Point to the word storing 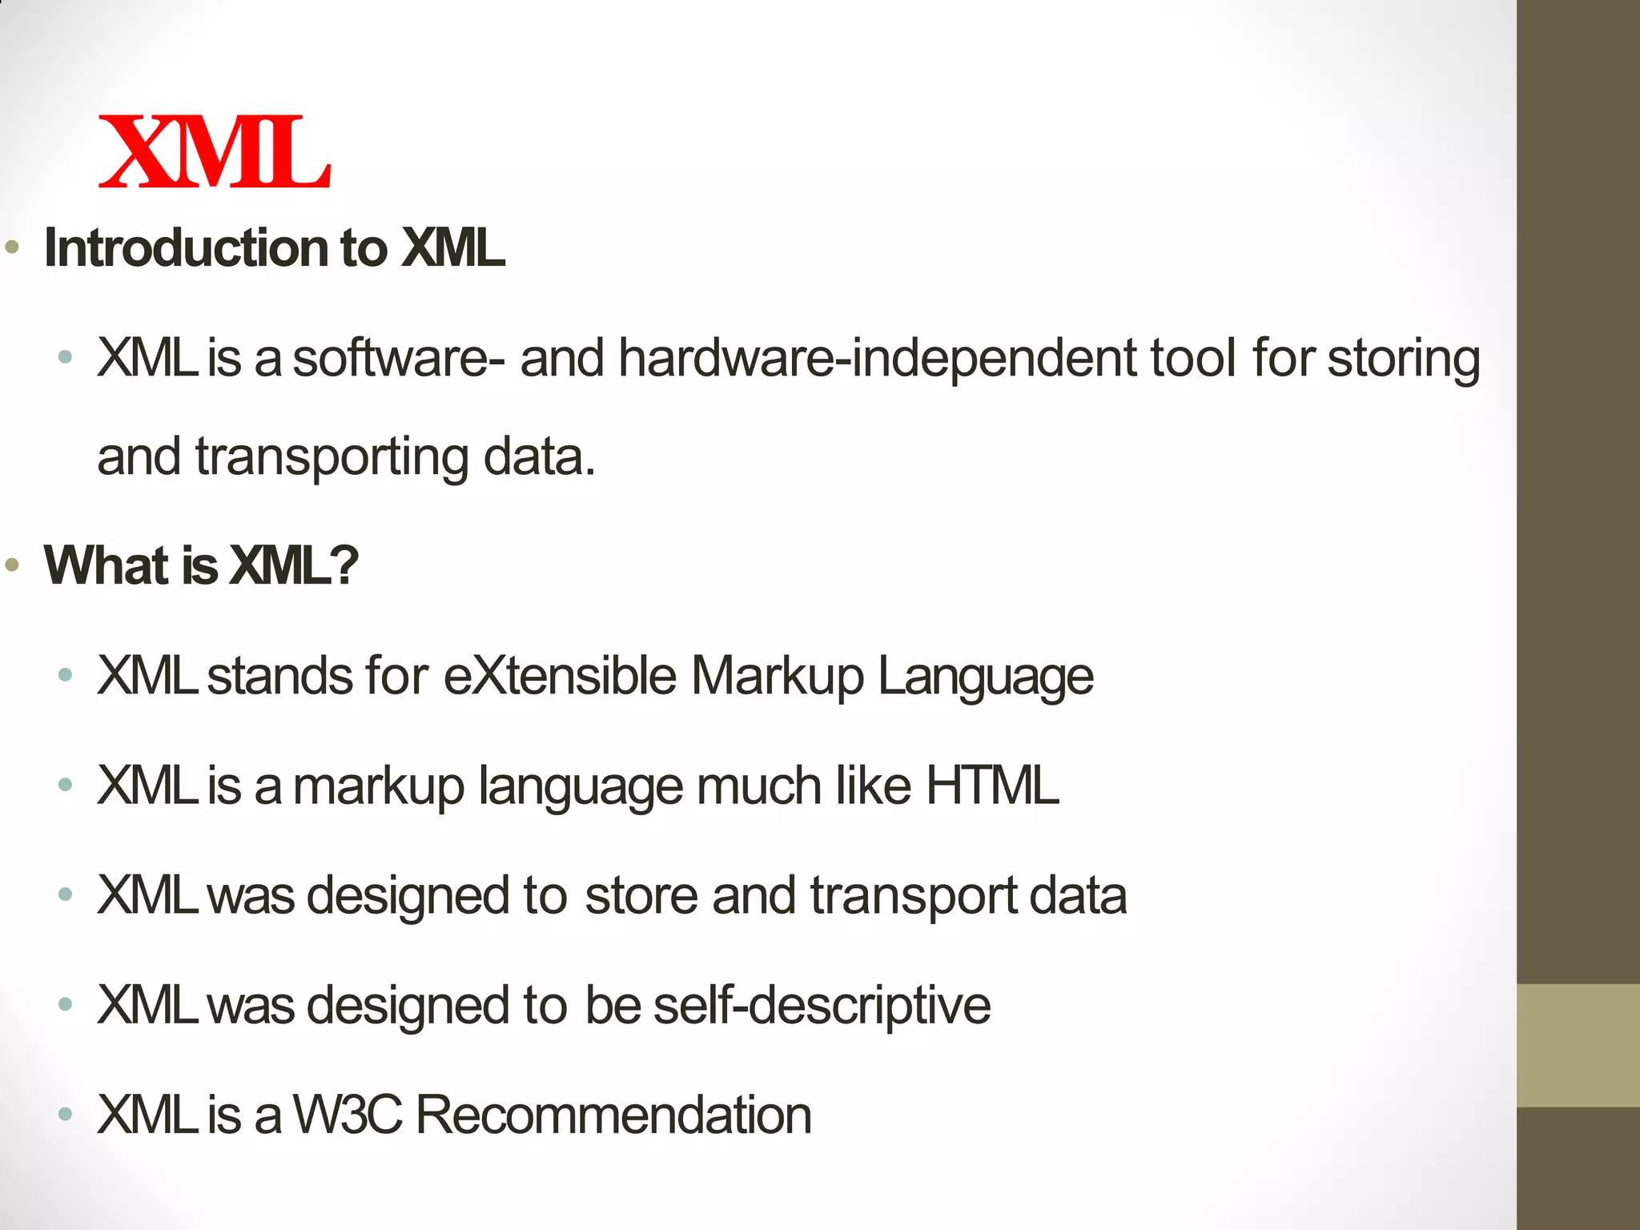click(x=1403, y=360)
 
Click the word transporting click(x=332, y=458)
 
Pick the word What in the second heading click(x=107, y=565)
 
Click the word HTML click(x=992, y=786)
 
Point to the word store click(x=641, y=895)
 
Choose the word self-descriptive click(x=822, y=1006)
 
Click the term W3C click(x=347, y=1115)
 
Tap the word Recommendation click(x=613, y=1115)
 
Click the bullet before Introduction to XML click(x=12, y=247)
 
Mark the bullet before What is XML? click(x=12, y=565)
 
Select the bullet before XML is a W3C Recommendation click(x=66, y=1114)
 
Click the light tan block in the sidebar click(x=1578, y=1045)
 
